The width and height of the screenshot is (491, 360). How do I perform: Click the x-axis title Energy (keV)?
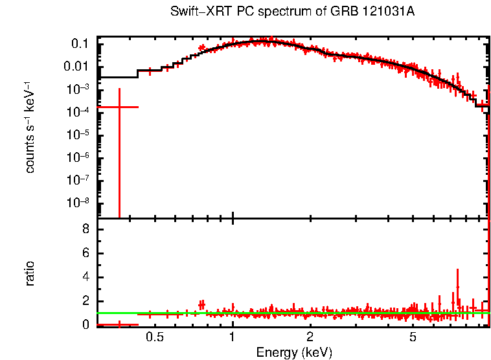pyautogui.click(x=294, y=352)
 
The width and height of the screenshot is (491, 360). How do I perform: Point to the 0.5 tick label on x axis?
pyautogui.click(x=154, y=337)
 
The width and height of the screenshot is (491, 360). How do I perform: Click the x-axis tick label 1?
pyautogui.click(x=233, y=337)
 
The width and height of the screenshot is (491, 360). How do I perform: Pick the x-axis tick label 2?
pyautogui.click(x=310, y=337)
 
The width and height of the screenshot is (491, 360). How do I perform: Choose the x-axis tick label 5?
pyautogui.click(x=413, y=337)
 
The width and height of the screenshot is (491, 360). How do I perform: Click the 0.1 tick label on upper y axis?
pyautogui.click(x=79, y=44)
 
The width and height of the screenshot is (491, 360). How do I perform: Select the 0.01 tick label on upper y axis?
pyautogui.click(x=76, y=67)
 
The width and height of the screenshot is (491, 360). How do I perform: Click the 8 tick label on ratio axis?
pyautogui.click(x=85, y=229)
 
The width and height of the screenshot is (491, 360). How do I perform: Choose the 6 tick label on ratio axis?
pyautogui.click(x=85, y=253)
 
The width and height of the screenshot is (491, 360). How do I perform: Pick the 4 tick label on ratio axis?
pyautogui.click(x=85, y=277)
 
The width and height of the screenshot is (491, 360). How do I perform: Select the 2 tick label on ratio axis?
pyautogui.click(x=85, y=301)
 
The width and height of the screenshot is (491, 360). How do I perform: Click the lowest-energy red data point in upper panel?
pyautogui.click(x=119, y=107)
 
